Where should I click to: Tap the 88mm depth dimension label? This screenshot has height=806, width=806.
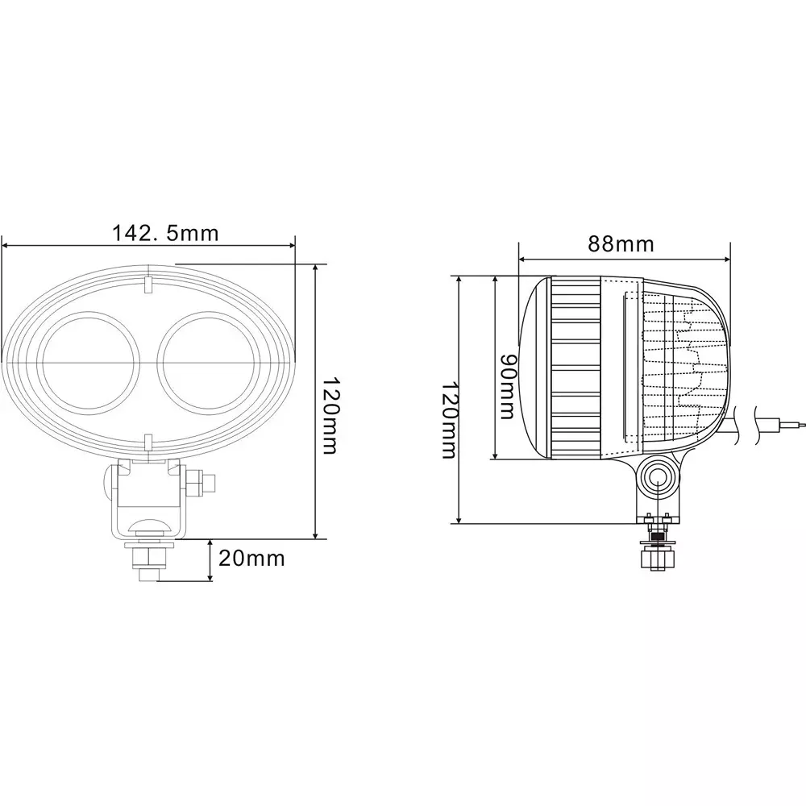tap(621, 243)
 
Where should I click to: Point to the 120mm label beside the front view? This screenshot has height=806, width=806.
tap(329, 417)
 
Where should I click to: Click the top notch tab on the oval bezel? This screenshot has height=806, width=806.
tap(148, 285)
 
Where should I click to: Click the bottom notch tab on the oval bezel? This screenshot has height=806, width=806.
tap(148, 441)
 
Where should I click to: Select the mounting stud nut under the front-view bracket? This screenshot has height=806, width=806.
tap(150, 556)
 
